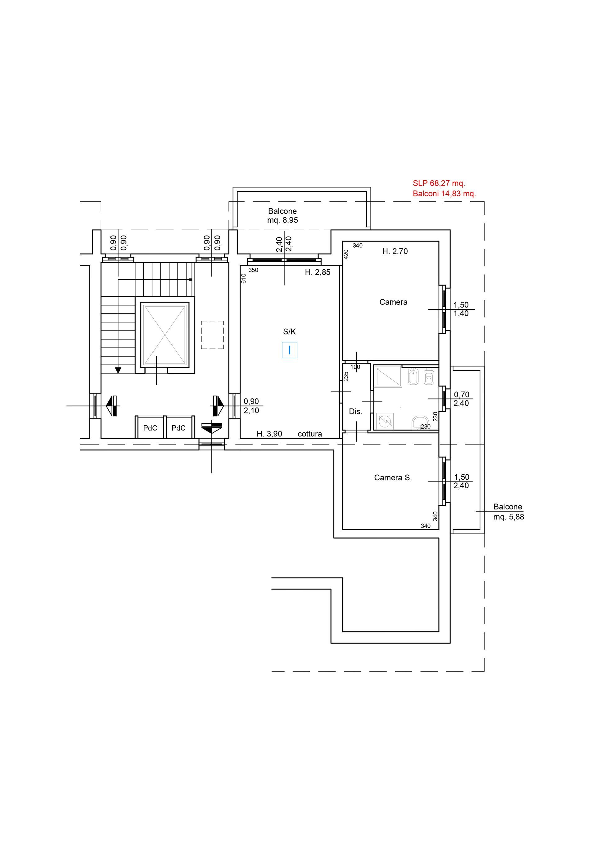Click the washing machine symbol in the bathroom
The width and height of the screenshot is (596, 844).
(385, 421)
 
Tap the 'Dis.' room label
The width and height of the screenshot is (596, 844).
(355, 412)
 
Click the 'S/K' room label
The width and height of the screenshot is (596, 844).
(289, 331)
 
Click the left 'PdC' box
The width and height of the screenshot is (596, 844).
(150, 427)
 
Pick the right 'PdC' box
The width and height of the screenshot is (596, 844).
(178, 427)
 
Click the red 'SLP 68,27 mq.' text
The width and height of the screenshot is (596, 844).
(439, 183)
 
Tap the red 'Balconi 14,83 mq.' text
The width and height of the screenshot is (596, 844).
(444, 194)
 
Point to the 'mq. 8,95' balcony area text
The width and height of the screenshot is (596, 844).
(282, 220)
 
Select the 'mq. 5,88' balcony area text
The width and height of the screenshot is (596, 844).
(508, 517)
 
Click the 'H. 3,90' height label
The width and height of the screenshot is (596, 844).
(269, 434)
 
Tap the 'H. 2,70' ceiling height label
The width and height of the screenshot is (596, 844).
(395, 251)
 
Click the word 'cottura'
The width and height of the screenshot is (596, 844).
(310, 434)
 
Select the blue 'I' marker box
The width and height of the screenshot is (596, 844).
(290, 350)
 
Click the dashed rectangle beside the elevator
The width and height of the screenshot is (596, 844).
(212, 335)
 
